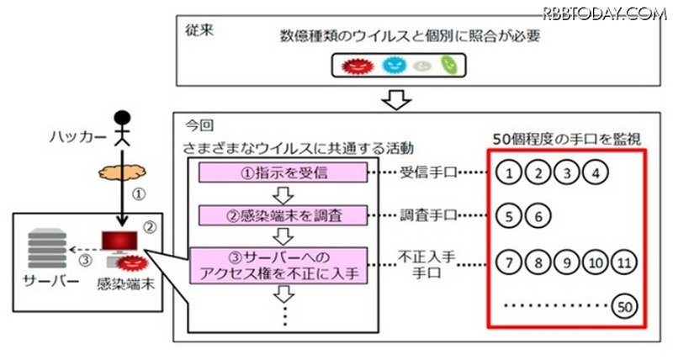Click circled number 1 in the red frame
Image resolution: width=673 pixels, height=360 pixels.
(511, 174)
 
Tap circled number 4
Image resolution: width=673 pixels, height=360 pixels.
(596, 174)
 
